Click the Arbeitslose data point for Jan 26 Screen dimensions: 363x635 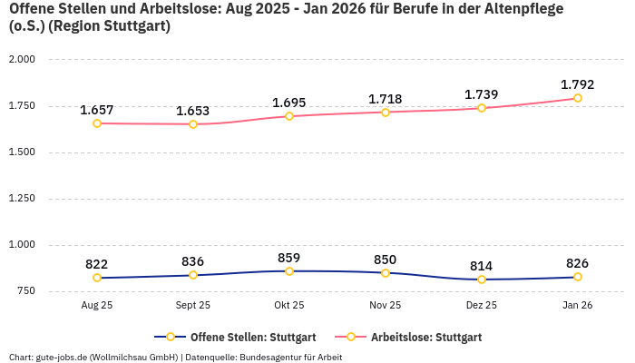click(x=578, y=98)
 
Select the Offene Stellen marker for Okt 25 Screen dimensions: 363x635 click(x=289, y=271)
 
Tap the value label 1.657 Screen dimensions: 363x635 click(x=97, y=110)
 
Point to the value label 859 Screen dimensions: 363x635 click(x=289, y=258)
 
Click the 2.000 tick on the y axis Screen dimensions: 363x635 click(x=21, y=59)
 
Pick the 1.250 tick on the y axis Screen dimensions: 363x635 click(x=21, y=198)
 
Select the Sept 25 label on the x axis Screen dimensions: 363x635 click(x=193, y=306)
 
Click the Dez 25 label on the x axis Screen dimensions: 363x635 click(x=482, y=306)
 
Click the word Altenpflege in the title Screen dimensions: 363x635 click(x=526, y=9)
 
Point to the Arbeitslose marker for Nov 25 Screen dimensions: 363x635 click(x=386, y=113)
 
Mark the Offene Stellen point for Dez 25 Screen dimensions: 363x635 click(x=482, y=280)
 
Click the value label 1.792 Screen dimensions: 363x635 click(x=578, y=84)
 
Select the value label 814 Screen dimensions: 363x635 click(x=482, y=266)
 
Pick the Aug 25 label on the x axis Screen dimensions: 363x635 click(x=97, y=306)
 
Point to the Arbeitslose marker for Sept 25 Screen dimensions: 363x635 click(x=193, y=124)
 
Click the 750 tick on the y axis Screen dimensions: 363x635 click(x=24, y=290)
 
